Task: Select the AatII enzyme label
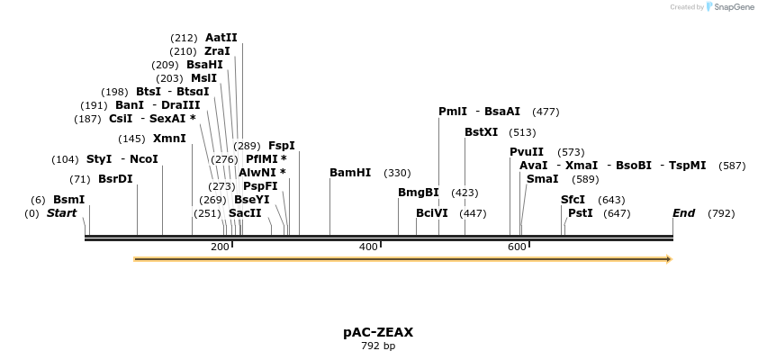pos(221,38)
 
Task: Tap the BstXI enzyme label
pos(481,132)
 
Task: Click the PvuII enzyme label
pos(527,152)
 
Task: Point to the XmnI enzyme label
pos(169,139)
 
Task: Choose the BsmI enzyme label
pos(69,200)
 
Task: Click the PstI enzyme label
pos(581,213)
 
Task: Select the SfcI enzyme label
pos(573,200)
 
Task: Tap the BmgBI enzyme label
pos(419,193)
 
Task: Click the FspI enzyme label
pos(282,146)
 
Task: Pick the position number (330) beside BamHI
pos(397,173)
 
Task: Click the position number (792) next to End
pos(721,213)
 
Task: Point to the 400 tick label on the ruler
pos(368,247)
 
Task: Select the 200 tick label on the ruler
pos(220,247)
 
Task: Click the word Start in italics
pos(61,213)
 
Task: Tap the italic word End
pos(683,213)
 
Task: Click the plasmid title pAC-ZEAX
pos(378,332)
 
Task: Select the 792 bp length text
pos(378,346)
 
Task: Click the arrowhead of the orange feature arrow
pos(668,259)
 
